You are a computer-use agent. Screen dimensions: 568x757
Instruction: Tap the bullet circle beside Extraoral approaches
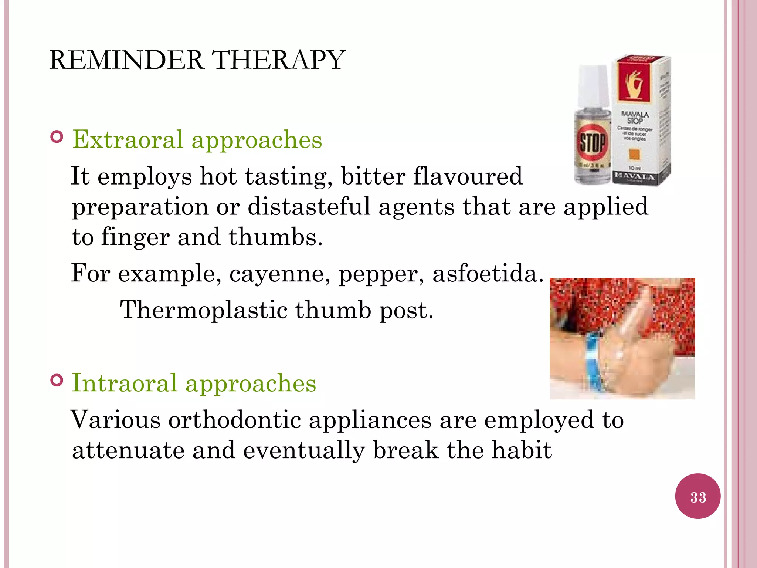(57, 137)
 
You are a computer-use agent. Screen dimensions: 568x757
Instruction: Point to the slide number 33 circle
(697, 496)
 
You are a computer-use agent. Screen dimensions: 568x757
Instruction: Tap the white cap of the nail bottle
(593, 86)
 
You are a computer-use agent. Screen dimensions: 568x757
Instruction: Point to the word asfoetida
(488, 274)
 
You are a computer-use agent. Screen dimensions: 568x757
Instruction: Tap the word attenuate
(128, 450)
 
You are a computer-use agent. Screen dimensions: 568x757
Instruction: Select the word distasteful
(309, 206)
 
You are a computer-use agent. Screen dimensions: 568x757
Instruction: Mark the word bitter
(373, 176)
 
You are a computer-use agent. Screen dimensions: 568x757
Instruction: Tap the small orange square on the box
(634, 155)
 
